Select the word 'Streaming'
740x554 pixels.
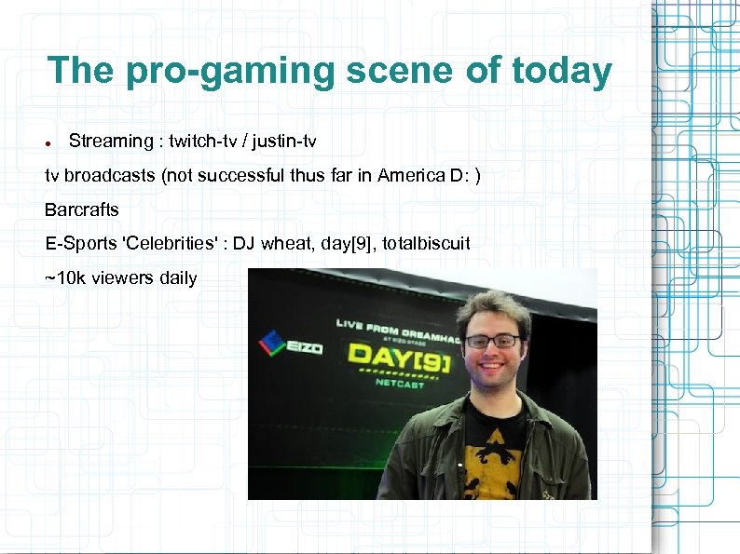tap(110, 142)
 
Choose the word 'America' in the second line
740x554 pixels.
tap(411, 176)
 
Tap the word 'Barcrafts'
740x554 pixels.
tap(82, 209)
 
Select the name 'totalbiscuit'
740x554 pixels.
tap(426, 243)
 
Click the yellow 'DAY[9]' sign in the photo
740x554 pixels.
tap(398, 358)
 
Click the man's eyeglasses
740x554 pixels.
tap(492, 341)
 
